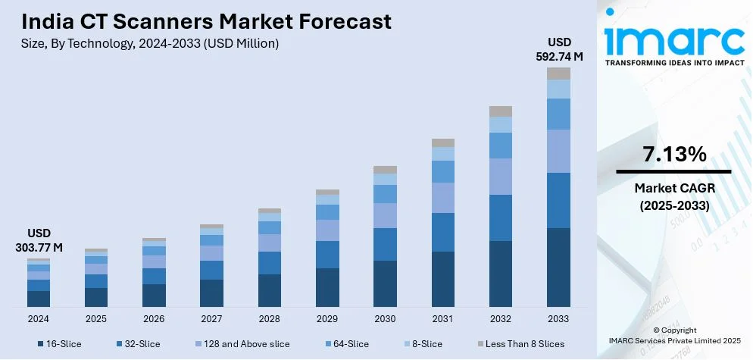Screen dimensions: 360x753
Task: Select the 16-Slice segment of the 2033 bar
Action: tap(558, 267)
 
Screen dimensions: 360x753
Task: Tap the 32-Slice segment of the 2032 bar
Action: tap(501, 218)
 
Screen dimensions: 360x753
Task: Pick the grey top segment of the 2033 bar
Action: tap(558, 74)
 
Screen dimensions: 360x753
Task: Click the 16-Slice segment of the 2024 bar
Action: tap(39, 299)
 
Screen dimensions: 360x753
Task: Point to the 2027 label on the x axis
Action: tap(211, 318)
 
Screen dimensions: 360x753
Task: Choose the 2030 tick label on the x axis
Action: tap(385, 318)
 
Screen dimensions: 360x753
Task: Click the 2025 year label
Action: tap(96, 318)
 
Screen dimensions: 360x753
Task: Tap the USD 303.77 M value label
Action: tap(39, 240)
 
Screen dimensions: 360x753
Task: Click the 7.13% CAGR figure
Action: tap(674, 155)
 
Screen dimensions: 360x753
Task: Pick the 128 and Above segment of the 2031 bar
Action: tap(442, 198)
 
